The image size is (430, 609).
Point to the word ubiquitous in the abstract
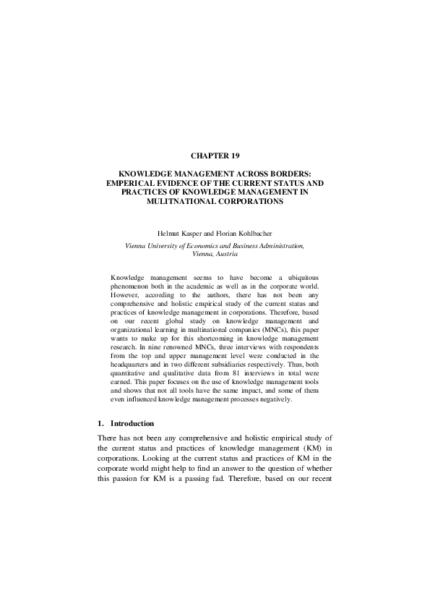[x=302, y=278]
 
